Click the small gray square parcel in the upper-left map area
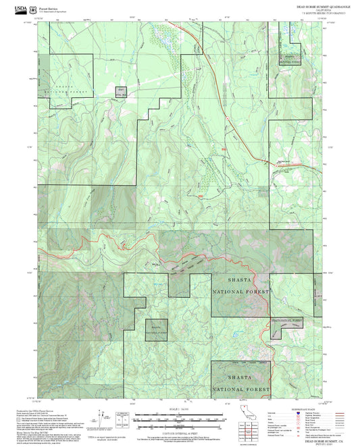pos(121,93)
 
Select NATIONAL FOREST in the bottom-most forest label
pos(241,390)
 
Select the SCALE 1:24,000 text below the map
pos(179,409)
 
